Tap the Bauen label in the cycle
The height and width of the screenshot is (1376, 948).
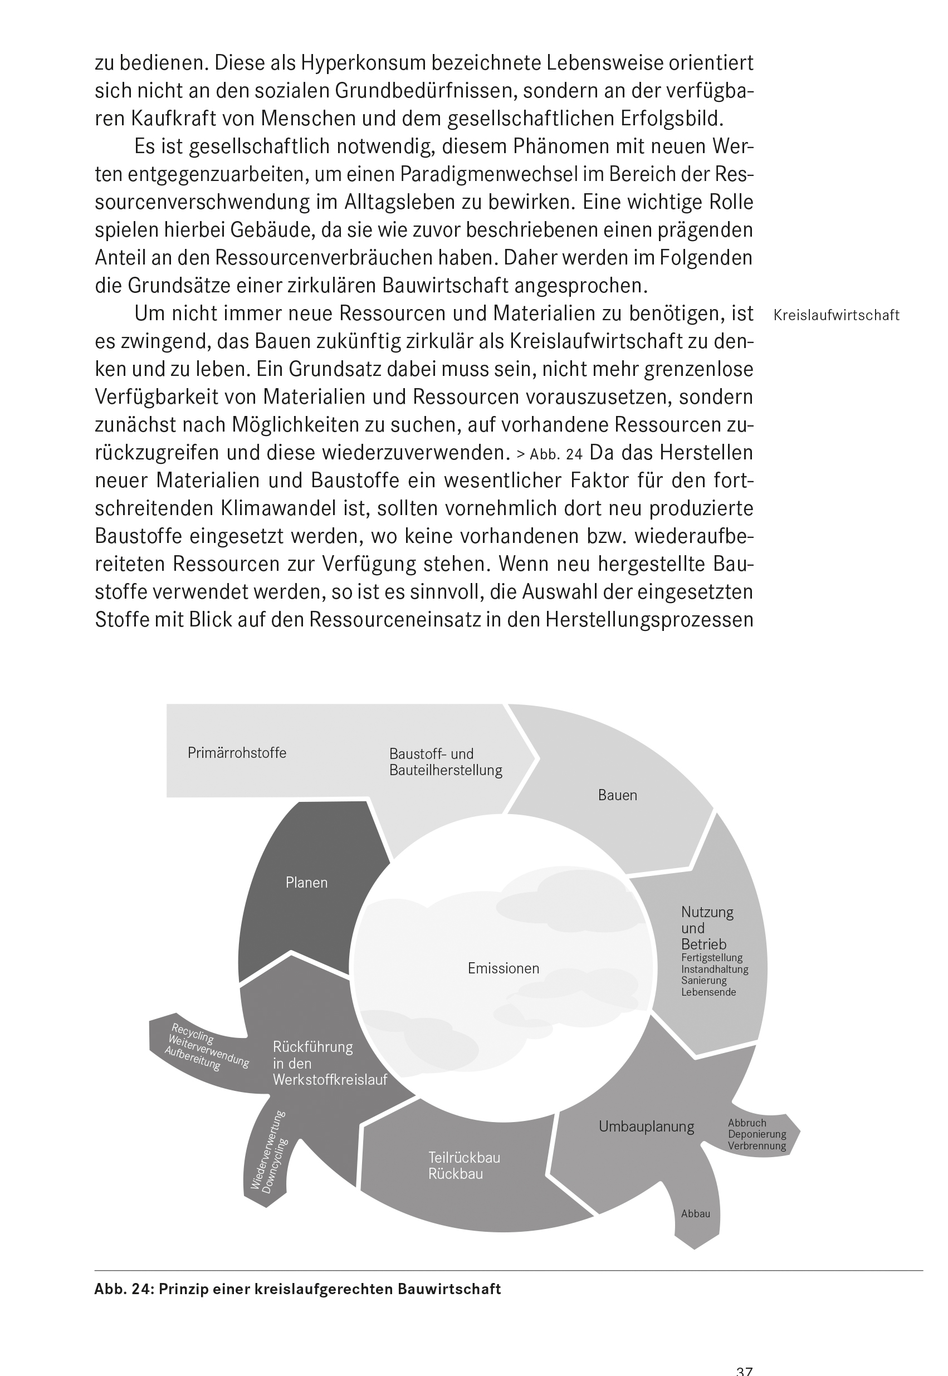point(617,795)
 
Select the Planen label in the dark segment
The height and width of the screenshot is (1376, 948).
point(306,883)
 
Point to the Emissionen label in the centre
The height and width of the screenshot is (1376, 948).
point(503,968)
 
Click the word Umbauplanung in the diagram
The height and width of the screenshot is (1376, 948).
point(646,1127)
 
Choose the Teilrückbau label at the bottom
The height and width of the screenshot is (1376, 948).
point(464,1158)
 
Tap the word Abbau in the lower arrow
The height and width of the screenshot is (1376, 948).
point(696,1214)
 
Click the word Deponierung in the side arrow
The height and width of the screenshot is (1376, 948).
point(757,1134)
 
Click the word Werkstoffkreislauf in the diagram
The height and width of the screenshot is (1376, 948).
point(330,1080)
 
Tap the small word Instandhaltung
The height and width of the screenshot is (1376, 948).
point(715,969)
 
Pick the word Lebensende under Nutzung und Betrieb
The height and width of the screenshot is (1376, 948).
point(708,992)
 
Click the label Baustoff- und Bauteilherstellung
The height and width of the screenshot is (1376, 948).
point(446,762)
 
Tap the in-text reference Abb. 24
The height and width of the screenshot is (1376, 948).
point(556,454)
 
